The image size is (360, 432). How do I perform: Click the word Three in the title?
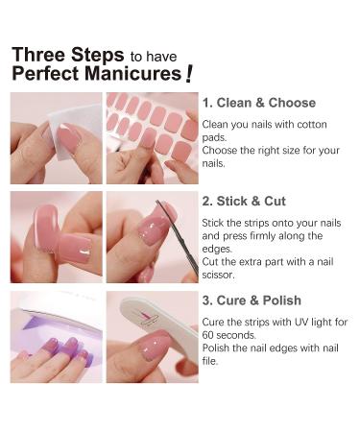point(38,55)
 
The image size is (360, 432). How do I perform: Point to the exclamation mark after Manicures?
point(190,73)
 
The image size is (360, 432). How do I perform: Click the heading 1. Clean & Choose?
point(258,103)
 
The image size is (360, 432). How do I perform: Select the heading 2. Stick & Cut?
point(244,202)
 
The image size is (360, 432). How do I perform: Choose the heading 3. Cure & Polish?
point(252,300)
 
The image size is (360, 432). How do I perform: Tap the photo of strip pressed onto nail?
point(55,236)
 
